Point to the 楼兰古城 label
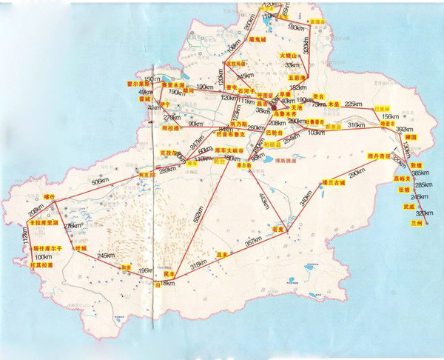330,181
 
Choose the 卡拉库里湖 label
42,221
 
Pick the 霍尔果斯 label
138,84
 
